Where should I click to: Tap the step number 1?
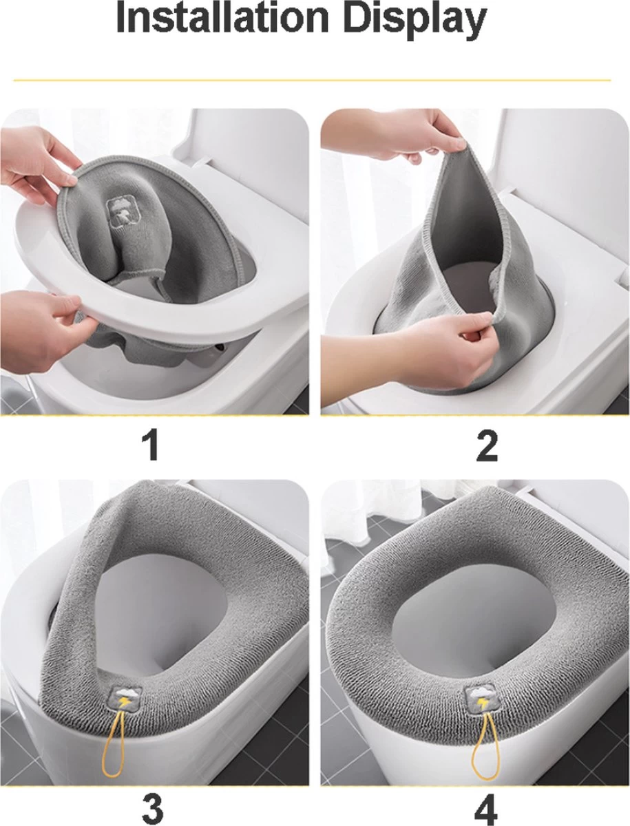150,445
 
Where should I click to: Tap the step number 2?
487,445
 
